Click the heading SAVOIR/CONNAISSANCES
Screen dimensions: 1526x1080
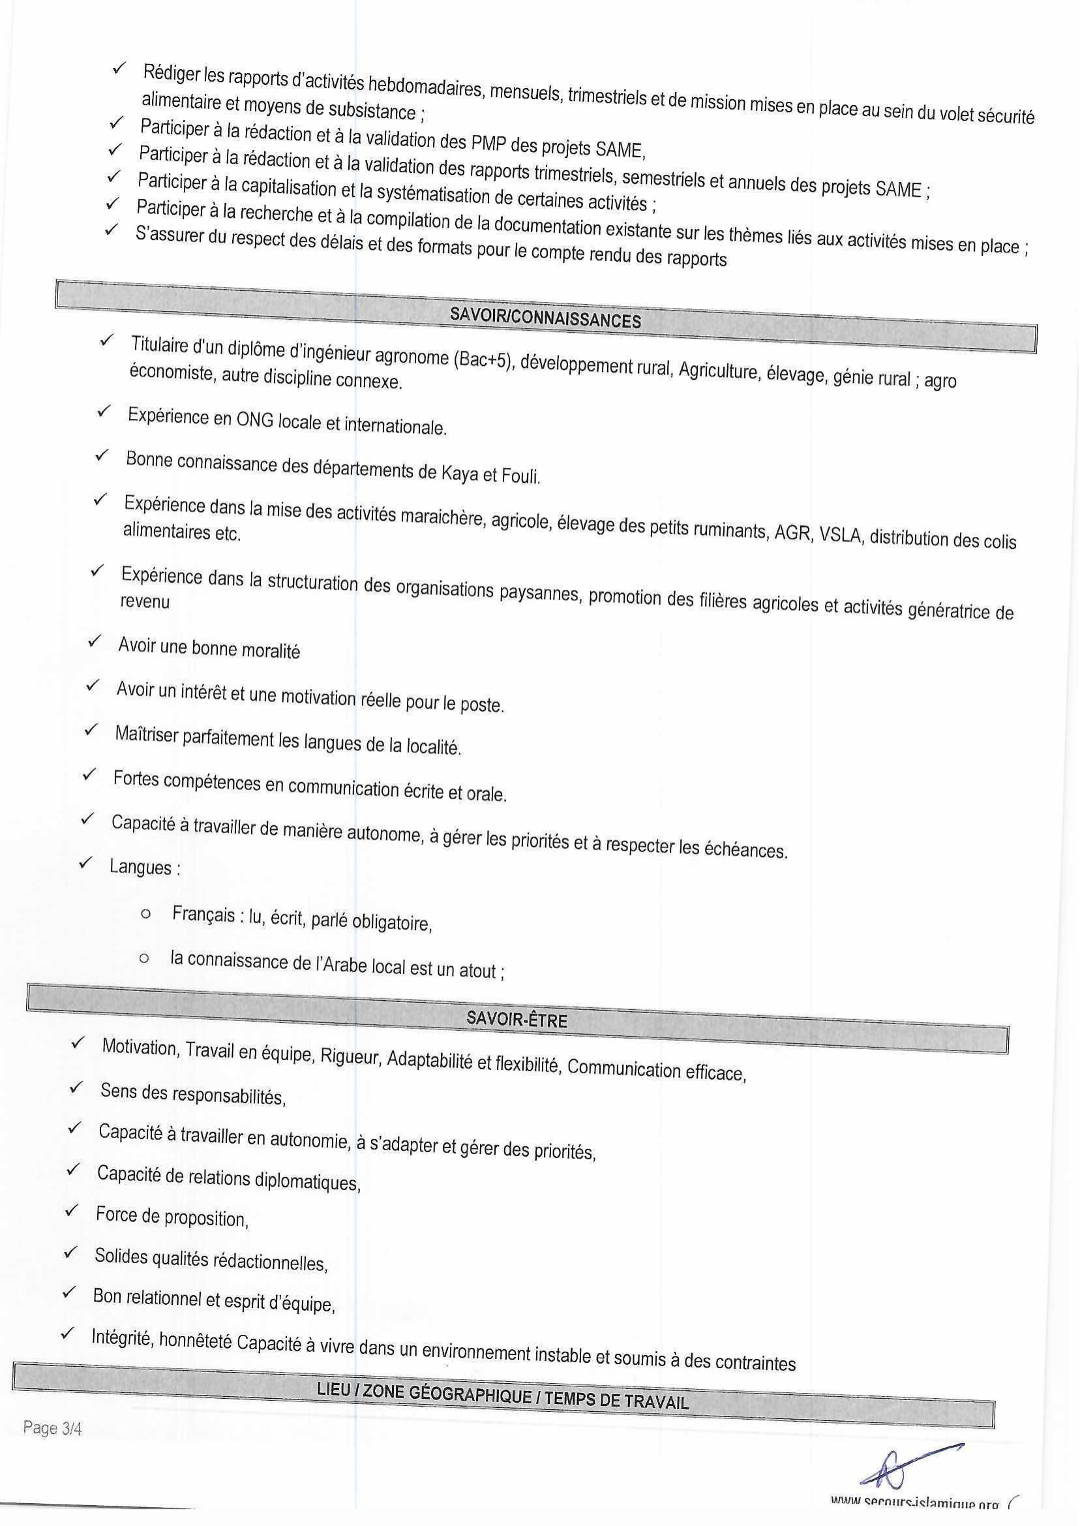[545, 318]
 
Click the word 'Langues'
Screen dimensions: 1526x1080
[141, 867]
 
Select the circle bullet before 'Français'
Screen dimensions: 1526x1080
[145, 914]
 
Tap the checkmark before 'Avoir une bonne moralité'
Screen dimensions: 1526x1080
[95, 641]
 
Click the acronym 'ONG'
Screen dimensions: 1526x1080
[255, 419]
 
